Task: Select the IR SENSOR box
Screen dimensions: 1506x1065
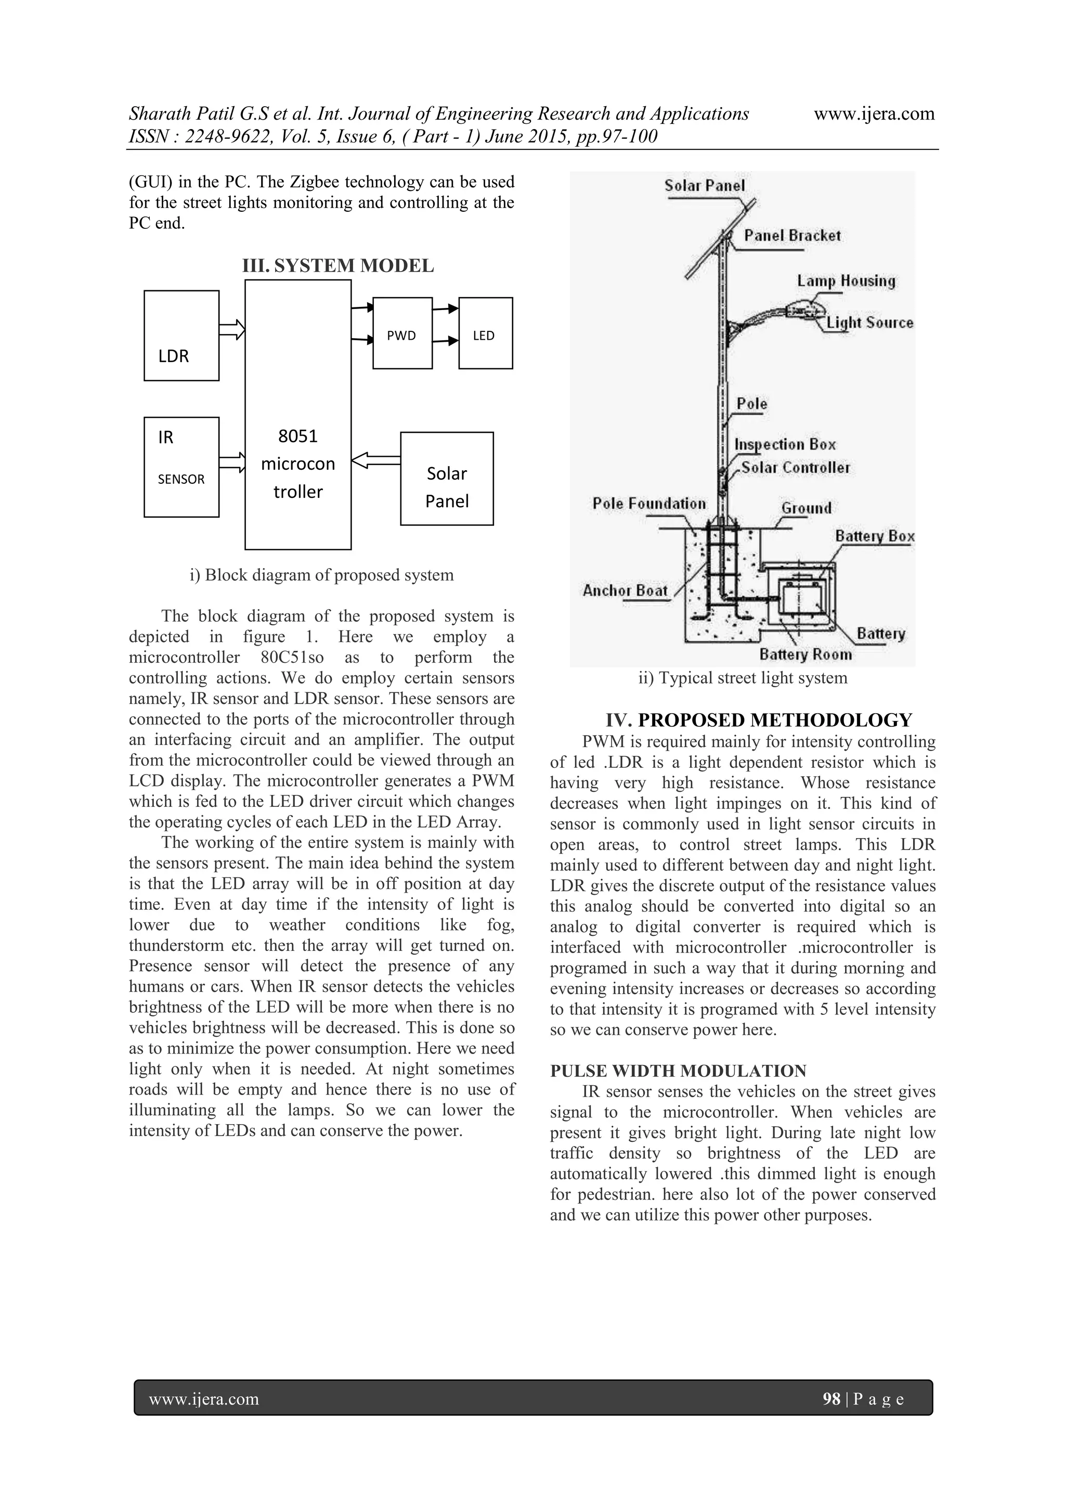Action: tap(181, 467)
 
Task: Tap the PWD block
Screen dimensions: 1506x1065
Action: tap(402, 333)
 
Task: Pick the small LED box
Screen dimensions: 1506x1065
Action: tap(485, 333)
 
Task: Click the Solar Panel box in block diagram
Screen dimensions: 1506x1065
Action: tap(447, 479)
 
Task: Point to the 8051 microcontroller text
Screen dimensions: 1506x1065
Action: tap(298, 464)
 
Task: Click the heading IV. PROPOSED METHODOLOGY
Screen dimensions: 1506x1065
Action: tap(758, 720)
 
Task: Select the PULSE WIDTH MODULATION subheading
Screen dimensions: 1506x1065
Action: tap(678, 1071)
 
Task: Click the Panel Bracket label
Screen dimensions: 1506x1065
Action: tap(791, 236)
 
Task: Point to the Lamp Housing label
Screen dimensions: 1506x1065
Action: tap(846, 281)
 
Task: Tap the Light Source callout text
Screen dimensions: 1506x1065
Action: tap(869, 323)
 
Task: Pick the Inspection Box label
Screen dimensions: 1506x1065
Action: tap(785, 445)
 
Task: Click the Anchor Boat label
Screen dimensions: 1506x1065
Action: tap(625, 590)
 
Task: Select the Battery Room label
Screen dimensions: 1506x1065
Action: tap(806, 654)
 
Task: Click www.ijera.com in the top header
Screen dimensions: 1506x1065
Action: tap(874, 114)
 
